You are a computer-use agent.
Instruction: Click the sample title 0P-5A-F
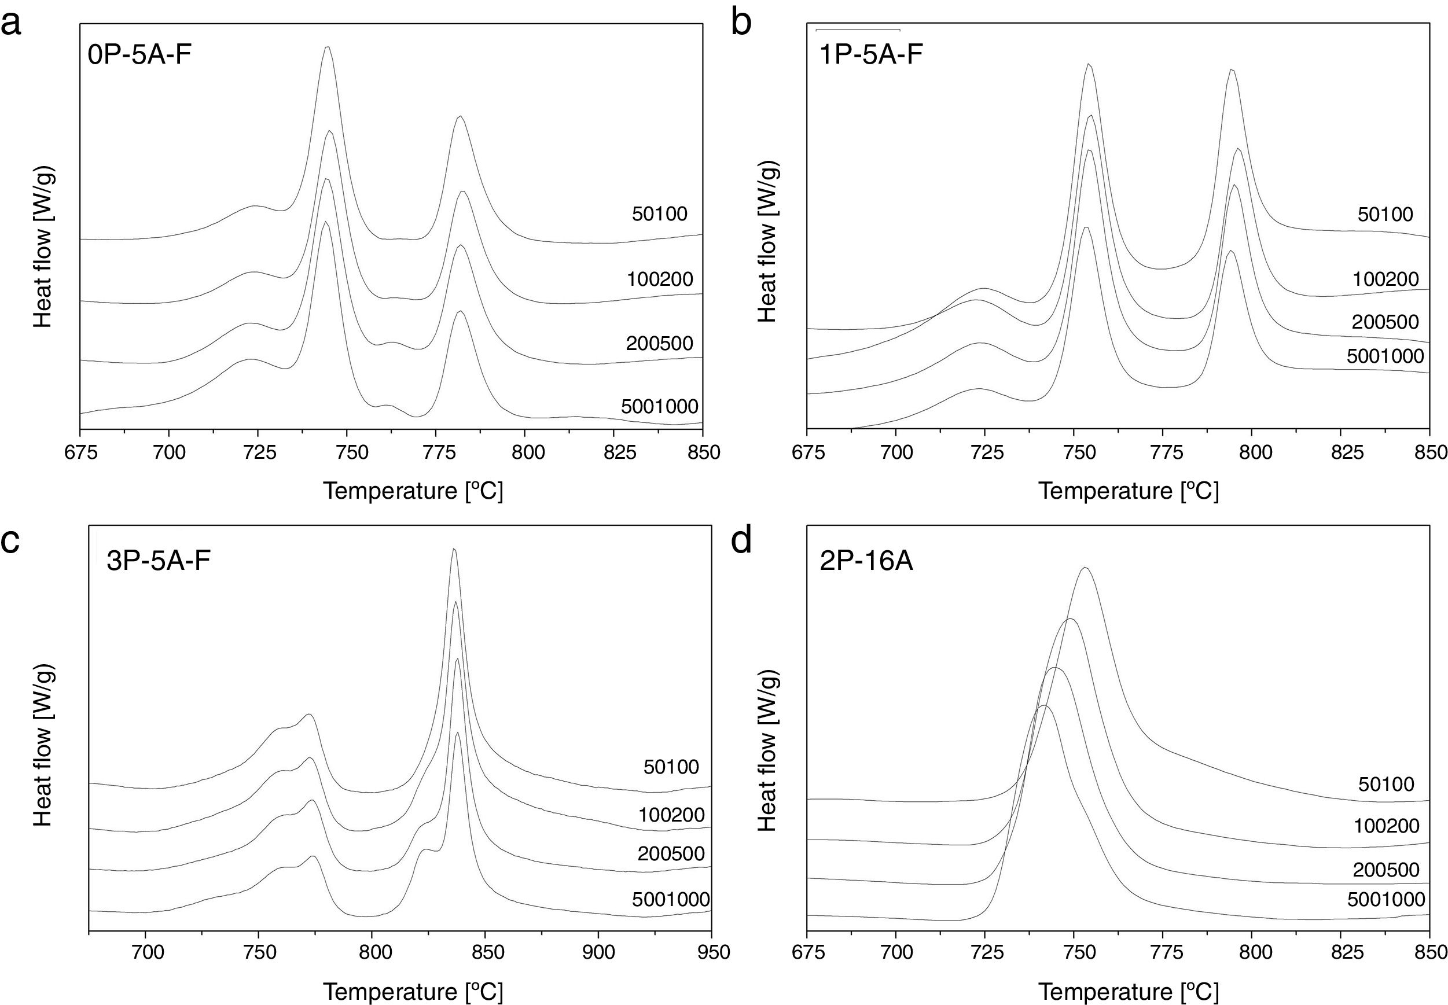click(140, 56)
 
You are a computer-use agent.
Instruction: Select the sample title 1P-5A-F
click(871, 56)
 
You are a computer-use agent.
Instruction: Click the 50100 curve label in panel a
click(659, 214)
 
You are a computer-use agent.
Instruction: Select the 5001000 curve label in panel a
click(659, 407)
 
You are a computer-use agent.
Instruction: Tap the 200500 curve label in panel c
click(671, 854)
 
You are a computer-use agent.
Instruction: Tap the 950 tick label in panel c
click(711, 951)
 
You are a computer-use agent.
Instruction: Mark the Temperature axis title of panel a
click(414, 491)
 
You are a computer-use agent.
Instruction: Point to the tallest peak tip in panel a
click(327, 47)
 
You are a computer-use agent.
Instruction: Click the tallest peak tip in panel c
click(454, 550)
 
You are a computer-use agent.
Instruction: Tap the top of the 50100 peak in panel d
click(1085, 568)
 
